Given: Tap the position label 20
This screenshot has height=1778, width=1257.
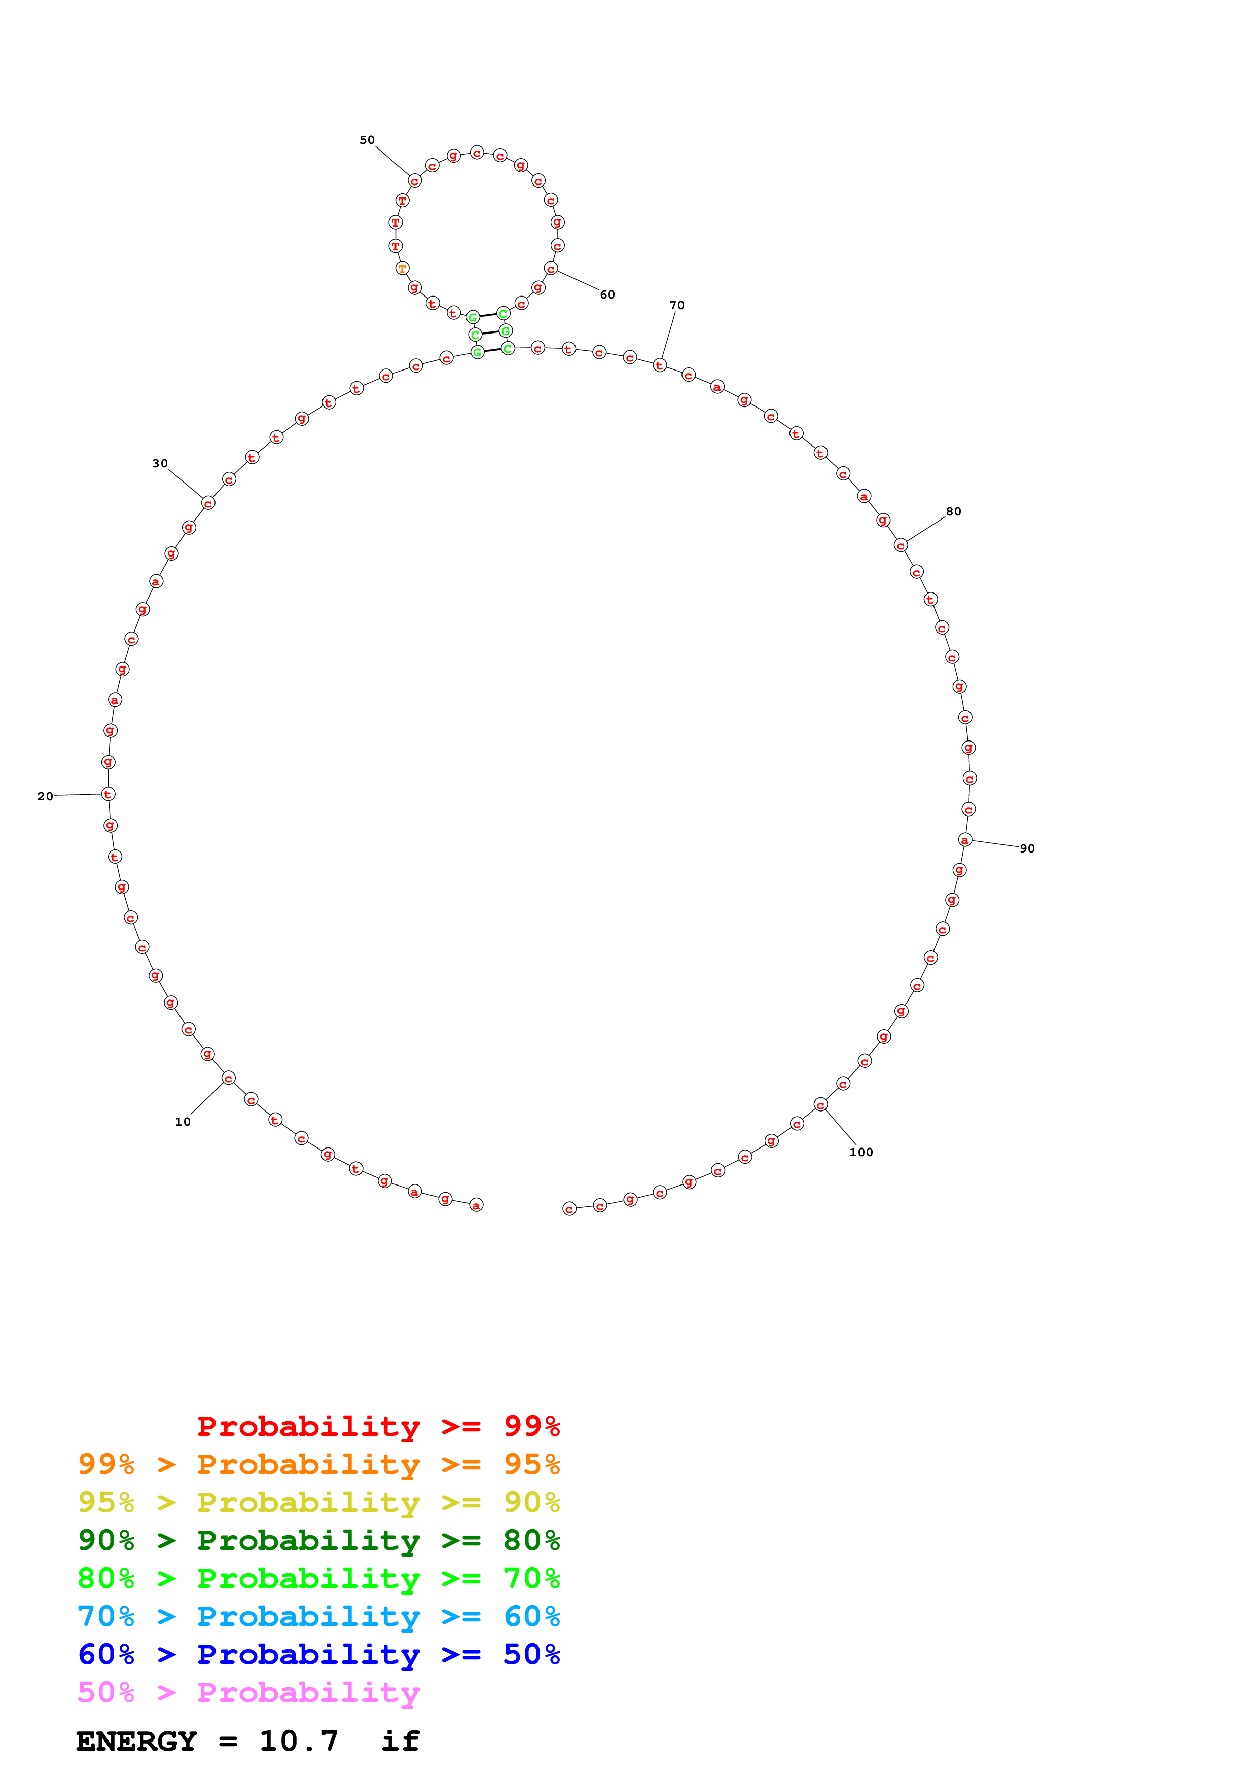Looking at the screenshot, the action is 46,796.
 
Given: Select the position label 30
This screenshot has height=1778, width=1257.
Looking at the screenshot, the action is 160,463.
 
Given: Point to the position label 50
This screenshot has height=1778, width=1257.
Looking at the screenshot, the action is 366,140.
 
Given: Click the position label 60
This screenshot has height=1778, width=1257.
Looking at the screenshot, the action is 607,294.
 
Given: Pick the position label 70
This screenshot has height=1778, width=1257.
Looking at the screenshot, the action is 677,305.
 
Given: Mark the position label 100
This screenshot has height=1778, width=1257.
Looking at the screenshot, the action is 861,1152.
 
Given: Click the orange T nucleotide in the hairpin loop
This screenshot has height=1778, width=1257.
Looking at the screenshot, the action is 402,268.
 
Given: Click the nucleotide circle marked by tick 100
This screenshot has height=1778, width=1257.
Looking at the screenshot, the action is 821,1105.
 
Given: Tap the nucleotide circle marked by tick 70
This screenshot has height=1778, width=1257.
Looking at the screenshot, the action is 659,365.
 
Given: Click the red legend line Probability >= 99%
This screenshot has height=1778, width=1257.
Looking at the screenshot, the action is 378,1426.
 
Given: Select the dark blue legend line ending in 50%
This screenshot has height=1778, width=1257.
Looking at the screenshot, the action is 318,1654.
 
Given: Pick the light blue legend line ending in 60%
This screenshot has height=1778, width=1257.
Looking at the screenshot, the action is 318,1616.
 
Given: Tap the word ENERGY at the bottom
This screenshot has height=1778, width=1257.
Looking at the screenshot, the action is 136,1741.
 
